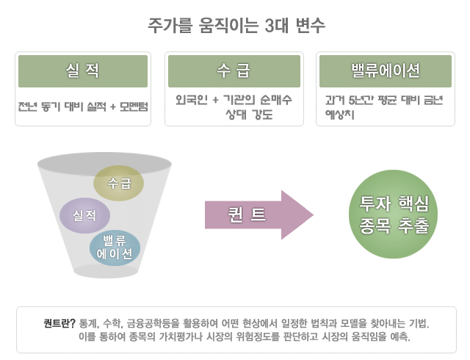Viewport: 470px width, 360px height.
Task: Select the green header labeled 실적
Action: click(83, 71)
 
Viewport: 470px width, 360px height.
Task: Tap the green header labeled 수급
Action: click(234, 71)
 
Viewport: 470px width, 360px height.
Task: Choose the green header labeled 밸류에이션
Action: click(385, 71)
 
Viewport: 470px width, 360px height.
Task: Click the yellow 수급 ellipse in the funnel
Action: click(118, 181)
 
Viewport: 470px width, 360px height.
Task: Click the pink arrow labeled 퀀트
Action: click(257, 215)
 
